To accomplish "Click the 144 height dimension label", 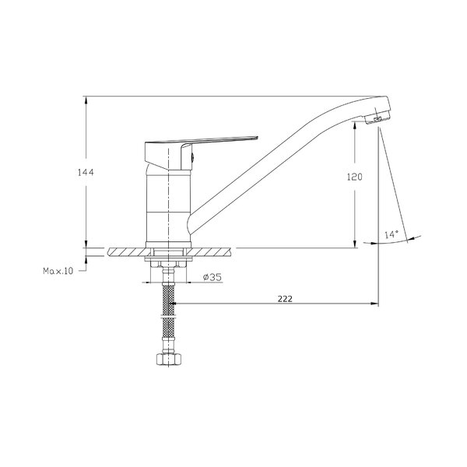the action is click(86, 172).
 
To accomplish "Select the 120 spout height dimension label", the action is click(355, 177).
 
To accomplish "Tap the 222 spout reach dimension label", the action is click(285, 299).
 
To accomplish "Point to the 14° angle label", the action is click(391, 234).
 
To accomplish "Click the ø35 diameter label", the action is click(212, 277).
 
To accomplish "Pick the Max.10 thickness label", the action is click(58, 271).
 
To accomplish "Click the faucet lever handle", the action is click(201, 153).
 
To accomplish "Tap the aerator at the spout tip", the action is click(377, 118).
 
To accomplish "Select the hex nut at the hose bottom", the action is click(169, 359).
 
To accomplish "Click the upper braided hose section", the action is click(169, 299).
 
